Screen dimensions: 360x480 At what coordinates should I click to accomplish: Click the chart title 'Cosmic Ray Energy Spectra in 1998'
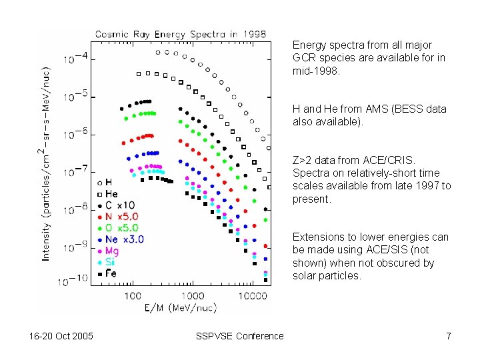pyautogui.click(x=180, y=34)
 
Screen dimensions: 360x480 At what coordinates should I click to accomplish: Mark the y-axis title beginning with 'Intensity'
pyautogui.click(x=50, y=167)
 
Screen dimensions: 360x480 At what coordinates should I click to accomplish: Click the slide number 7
pyautogui.click(x=449, y=336)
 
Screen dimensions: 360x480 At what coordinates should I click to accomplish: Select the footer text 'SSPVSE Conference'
pyautogui.click(x=240, y=336)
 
